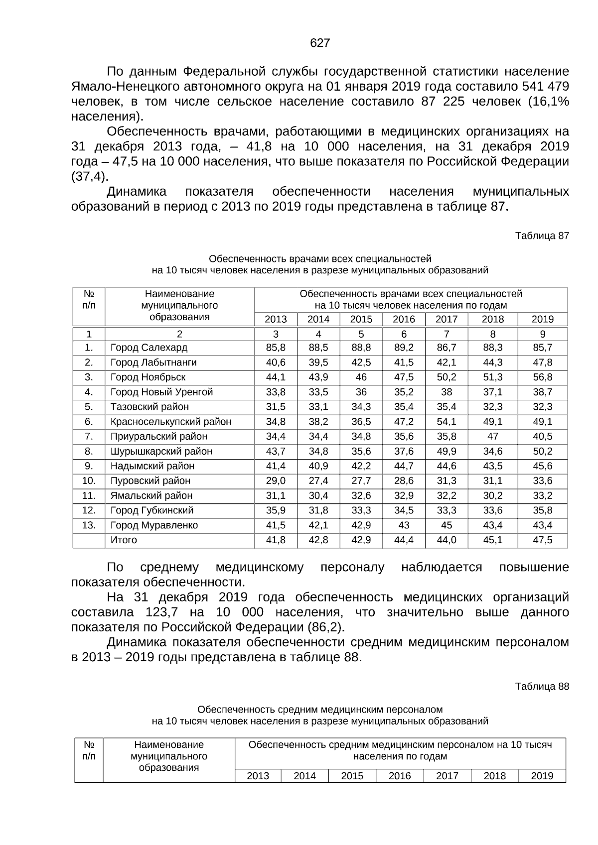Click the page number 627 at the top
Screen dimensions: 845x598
point(319,43)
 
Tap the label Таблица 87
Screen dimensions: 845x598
point(542,236)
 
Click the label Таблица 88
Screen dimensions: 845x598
point(542,686)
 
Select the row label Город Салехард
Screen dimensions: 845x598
point(149,348)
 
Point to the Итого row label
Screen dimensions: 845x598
point(124,540)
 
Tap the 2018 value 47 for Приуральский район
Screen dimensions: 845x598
point(492,437)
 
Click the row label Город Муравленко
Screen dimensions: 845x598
point(154,525)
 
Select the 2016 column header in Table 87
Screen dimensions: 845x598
point(404,319)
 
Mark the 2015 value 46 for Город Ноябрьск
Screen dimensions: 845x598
point(361,377)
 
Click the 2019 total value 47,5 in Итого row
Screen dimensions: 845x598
point(542,540)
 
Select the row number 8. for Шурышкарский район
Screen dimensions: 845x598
point(89,452)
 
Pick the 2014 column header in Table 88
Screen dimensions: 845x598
point(304,776)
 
